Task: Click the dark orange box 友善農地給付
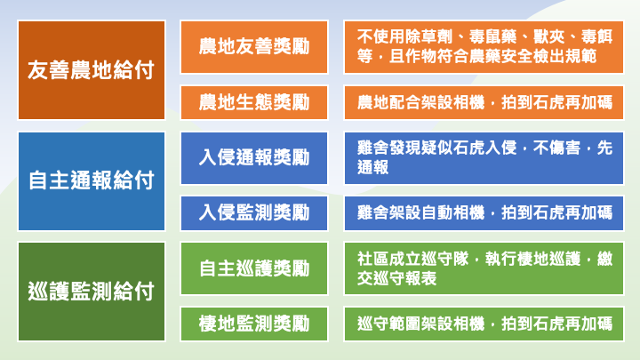[x=92, y=70]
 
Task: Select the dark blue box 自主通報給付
[x=92, y=181]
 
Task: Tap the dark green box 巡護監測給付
[x=92, y=292]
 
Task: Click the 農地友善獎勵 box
[x=254, y=46]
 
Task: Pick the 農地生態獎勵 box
[x=254, y=102]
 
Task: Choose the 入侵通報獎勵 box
[x=254, y=158]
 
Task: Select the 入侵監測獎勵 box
[x=254, y=213]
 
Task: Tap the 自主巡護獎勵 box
[x=254, y=268]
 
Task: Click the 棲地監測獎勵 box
[x=254, y=324]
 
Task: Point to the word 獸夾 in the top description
[x=549, y=36]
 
